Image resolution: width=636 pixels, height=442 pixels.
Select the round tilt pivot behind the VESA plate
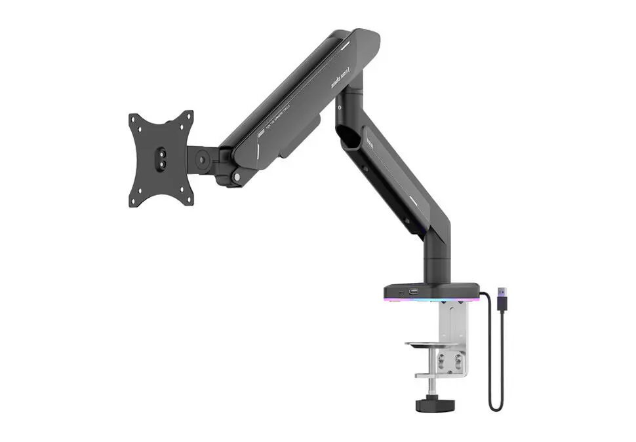[203, 158]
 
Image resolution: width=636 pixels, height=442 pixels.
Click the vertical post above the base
[437, 259]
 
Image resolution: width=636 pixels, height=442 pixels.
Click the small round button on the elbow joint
[342, 105]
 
